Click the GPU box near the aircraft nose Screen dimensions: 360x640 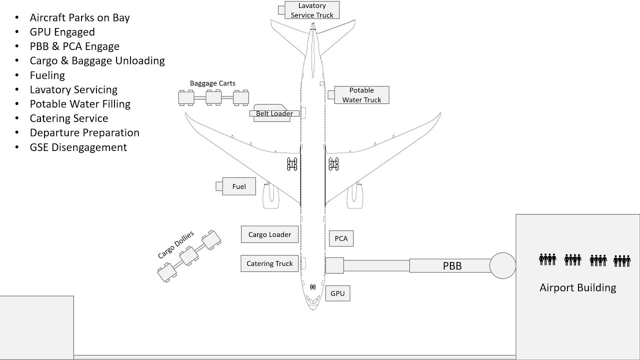click(338, 293)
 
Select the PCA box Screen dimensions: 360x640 click(341, 238)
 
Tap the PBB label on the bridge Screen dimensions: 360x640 click(452, 266)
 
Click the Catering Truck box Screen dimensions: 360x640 click(269, 263)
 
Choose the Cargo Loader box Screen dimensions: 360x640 click(269, 234)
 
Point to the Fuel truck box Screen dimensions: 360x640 click(239, 186)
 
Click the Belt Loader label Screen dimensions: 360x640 click(274, 113)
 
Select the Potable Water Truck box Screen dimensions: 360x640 click(361, 95)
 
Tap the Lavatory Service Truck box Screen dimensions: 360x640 click(312, 10)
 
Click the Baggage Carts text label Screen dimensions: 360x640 click(212, 83)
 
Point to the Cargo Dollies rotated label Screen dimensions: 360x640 click(176, 245)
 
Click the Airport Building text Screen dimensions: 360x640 click(577, 287)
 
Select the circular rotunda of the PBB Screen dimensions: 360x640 click(502, 265)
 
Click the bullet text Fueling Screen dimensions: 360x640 click(47, 75)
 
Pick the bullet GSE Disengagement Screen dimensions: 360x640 click(78, 147)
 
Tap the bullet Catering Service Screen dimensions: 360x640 click(69, 118)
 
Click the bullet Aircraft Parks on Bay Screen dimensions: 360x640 click(80, 17)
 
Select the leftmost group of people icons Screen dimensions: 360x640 click(547, 259)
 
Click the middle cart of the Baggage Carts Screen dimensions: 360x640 click(214, 97)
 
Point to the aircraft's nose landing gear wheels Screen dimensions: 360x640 click(312, 287)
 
